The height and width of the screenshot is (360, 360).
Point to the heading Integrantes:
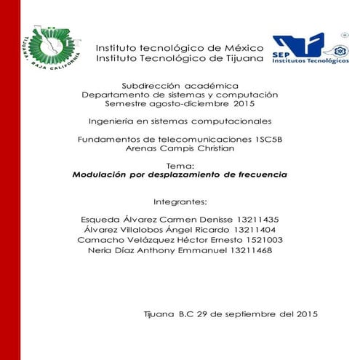(x=180, y=201)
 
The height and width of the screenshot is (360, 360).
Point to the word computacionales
(x=231, y=121)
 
